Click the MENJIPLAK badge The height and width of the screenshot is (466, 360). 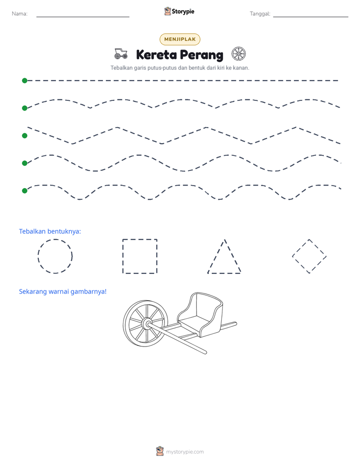(179, 39)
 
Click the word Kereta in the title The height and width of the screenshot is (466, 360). (156, 54)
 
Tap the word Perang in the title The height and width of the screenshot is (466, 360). (201, 55)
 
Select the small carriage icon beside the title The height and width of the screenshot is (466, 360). (121, 53)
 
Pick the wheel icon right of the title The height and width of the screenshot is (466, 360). (238, 54)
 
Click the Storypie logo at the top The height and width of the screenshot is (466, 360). (179, 11)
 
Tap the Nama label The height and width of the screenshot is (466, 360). (20, 14)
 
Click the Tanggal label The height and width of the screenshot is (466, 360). (260, 14)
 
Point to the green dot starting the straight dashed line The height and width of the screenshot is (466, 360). (25, 81)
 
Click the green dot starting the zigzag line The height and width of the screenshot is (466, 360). (25, 136)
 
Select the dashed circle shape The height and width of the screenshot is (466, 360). (55, 239)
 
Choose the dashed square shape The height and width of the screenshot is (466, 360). (140, 239)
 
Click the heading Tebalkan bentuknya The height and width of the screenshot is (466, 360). (50, 231)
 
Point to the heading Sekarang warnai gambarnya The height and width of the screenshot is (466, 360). (63, 292)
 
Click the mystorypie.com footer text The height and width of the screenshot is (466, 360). (185, 452)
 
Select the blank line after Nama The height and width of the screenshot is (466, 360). (83, 17)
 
